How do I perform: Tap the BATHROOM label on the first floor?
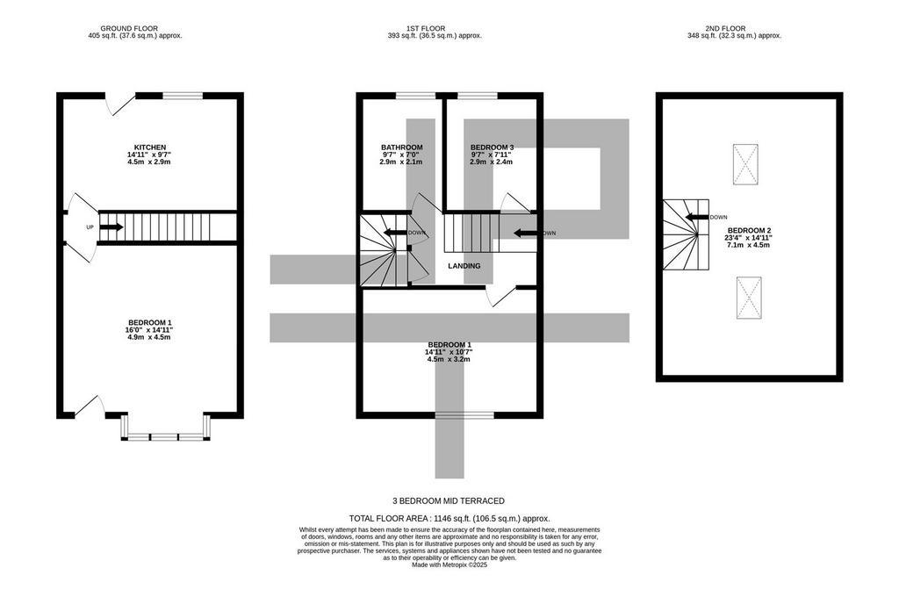[402, 147]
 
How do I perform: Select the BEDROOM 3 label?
[492, 147]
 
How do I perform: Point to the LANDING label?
[464, 266]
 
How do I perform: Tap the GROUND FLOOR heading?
[129, 28]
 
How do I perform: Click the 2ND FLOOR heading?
[725, 28]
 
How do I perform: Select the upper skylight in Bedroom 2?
[745, 164]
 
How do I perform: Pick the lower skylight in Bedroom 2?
[749, 297]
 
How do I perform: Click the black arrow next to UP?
[111, 227]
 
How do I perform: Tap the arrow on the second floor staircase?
[696, 218]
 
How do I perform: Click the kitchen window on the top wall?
[183, 96]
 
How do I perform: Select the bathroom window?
[415, 96]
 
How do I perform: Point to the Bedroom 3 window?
[477, 96]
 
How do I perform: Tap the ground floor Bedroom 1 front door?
[89, 405]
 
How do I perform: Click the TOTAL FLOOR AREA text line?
[449, 518]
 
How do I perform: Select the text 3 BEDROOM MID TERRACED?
[449, 500]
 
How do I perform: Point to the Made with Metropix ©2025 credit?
[449, 565]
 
